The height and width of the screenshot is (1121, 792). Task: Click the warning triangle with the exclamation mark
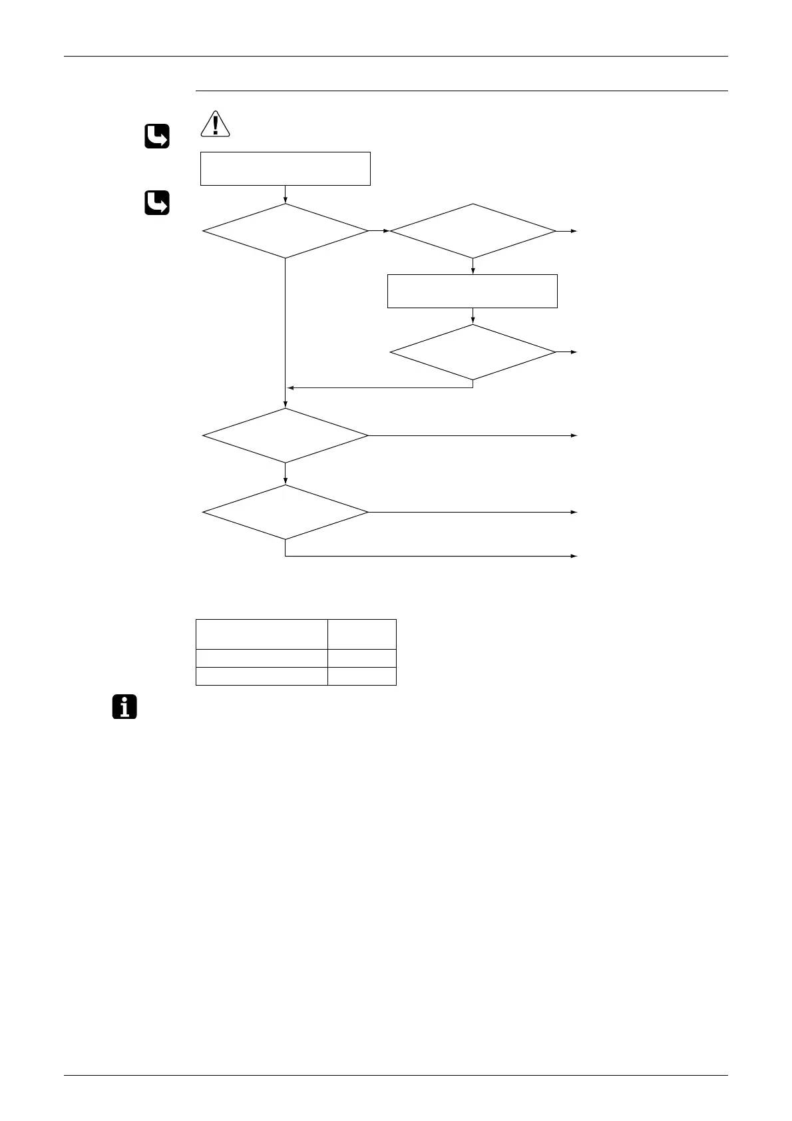click(215, 124)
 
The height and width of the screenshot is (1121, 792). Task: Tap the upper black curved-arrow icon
click(156, 136)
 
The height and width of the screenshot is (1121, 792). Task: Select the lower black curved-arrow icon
click(156, 203)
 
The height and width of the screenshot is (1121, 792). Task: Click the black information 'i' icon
click(124, 707)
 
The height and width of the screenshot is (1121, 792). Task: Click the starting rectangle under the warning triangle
click(286, 168)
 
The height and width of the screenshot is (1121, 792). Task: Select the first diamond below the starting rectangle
click(286, 231)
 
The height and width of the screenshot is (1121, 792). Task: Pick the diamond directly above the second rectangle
click(473, 231)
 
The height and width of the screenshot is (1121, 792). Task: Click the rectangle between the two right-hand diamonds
click(473, 291)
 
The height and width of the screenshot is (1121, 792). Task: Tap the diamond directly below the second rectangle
click(473, 352)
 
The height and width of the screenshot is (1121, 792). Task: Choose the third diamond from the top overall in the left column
click(286, 435)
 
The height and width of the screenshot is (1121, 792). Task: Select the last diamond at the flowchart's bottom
click(286, 512)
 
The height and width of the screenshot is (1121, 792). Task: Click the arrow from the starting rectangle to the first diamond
click(286, 194)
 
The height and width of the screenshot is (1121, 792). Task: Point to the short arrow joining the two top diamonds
click(379, 231)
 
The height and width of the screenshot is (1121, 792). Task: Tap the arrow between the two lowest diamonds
click(286, 474)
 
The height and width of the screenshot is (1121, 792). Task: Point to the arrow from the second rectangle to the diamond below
click(473, 316)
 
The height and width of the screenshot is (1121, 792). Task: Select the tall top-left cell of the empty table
click(262, 634)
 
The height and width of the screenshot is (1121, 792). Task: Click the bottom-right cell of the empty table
click(362, 676)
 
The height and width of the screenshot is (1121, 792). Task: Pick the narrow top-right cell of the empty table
click(362, 634)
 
